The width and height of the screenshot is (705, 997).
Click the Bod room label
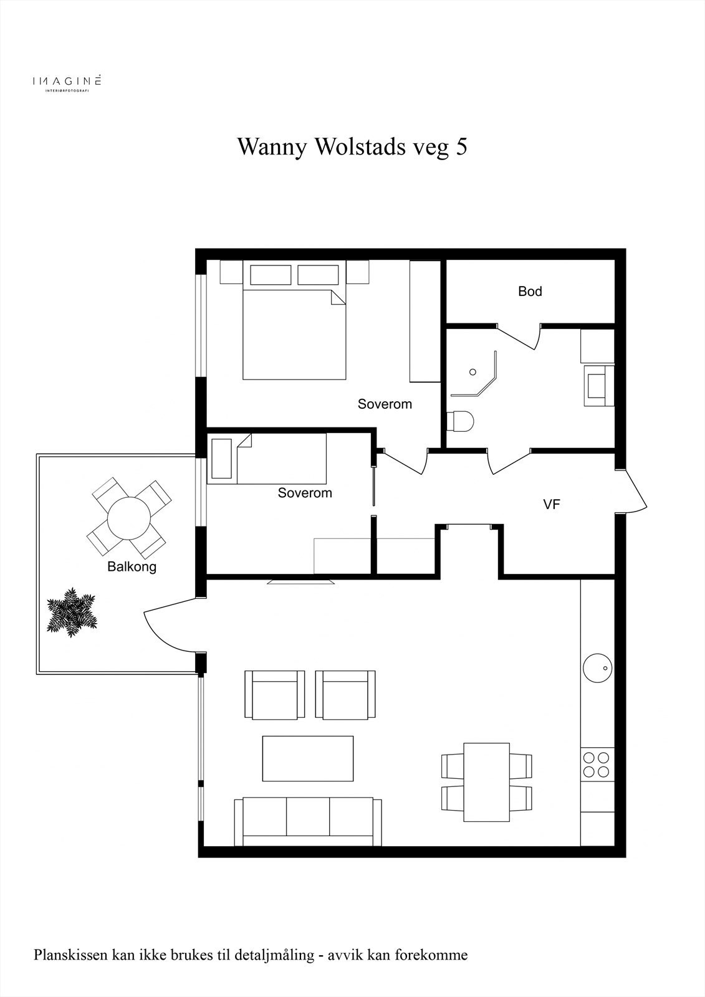(530, 291)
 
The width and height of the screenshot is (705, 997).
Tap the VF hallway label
(552, 505)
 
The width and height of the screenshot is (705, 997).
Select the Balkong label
(132, 567)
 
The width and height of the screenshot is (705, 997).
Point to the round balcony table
(129, 518)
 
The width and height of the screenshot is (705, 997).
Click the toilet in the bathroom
(461, 421)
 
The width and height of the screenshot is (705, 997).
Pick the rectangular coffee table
(308, 758)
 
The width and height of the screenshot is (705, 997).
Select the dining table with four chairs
(487, 782)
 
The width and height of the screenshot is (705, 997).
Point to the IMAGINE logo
(67, 82)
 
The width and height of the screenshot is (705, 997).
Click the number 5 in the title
(461, 147)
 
